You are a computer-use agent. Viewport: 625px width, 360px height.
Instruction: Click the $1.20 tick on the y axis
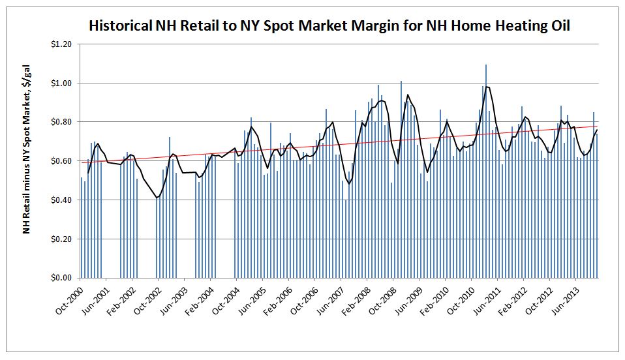[x=63, y=44]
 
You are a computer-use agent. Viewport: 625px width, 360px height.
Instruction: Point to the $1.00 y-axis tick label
[x=63, y=83]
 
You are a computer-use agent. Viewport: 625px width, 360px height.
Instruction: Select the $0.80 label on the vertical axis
[x=63, y=122]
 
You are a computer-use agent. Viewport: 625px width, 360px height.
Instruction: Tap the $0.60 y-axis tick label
[x=63, y=161]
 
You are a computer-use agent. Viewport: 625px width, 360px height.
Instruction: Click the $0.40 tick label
[x=63, y=200]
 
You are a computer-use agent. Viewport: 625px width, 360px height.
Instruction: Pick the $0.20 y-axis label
[x=63, y=239]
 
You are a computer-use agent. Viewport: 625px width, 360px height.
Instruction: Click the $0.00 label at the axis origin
[x=63, y=278]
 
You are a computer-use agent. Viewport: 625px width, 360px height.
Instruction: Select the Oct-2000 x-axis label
[x=69, y=297]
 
